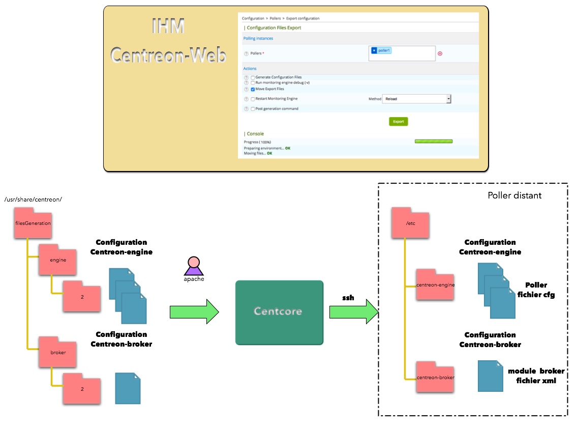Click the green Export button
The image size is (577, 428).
point(399,122)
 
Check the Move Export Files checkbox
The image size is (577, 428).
point(253,89)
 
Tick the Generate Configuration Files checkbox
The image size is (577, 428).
point(253,77)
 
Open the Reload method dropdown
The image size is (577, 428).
point(416,99)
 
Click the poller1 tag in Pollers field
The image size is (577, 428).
point(384,50)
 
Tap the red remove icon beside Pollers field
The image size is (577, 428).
point(440,53)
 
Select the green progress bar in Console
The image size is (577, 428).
point(434,141)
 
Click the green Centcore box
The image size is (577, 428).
point(279,312)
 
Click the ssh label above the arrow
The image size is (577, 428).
point(348,298)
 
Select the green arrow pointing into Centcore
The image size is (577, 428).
point(194,311)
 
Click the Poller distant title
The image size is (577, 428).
point(514,195)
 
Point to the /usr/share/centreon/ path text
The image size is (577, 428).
point(33,199)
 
